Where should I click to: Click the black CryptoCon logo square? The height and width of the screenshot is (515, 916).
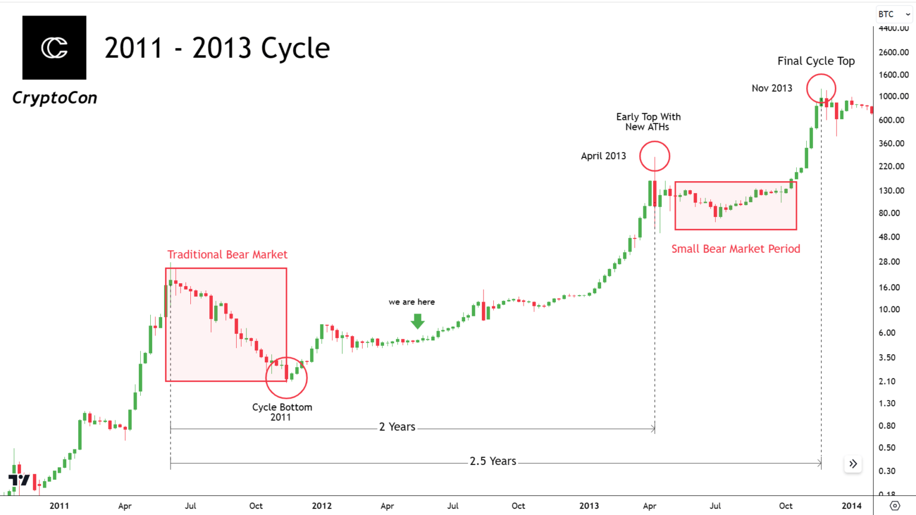[x=54, y=48]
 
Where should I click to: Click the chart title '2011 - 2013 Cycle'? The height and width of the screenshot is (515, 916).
[x=217, y=48]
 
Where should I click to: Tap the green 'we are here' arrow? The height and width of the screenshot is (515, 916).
[x=417, y=321]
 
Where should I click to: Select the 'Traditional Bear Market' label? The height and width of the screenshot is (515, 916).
[x=227, y=255]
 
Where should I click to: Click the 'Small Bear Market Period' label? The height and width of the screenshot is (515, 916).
[x=735, y=249]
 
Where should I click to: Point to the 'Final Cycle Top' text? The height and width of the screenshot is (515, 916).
[x=816, y=61]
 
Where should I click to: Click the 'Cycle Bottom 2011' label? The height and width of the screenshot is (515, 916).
[x=281, y=412]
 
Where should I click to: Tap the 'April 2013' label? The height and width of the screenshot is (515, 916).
[x=603, y=156]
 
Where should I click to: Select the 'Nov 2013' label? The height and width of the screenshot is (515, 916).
[x=772, y=88]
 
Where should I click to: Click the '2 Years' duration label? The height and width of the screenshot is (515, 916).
[x=397, y=427]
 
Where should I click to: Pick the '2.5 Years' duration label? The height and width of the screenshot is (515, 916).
[x=493, y=461]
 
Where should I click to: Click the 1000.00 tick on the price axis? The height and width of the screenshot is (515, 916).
[x=893, y=97]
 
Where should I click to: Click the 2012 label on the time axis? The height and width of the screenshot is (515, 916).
[x=321, y=506]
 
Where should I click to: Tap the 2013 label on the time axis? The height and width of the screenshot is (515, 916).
[x=589, y=506]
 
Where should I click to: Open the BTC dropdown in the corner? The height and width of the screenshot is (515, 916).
[x=894, y=14]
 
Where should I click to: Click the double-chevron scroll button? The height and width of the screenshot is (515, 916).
[x=853, y=464]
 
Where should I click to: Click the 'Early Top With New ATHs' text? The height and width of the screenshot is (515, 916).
[x=648, y=122]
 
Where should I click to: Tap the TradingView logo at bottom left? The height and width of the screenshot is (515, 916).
[x=19, y=480]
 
